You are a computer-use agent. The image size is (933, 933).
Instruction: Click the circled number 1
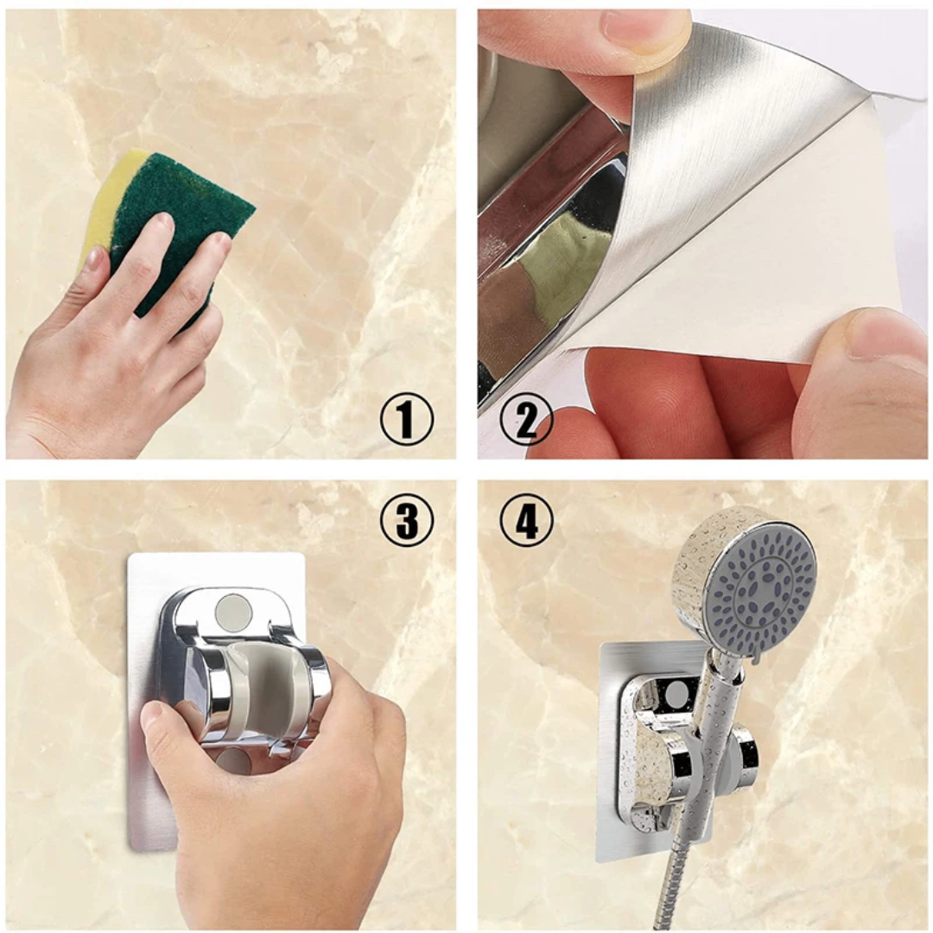tap(407, 421)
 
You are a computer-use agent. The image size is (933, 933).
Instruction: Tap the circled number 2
tap(526, 421)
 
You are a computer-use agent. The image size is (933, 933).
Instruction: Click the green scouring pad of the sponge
tap(179, 226)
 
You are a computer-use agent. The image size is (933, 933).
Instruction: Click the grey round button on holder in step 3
tap(232, 611)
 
